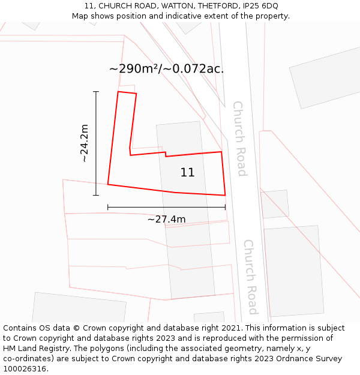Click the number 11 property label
pos(187,173)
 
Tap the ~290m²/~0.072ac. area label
pos(166,68)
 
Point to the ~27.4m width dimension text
pos(166,219)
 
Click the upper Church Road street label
pos(239,138)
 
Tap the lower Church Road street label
pos(250,277)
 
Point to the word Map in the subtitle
pos(80,16)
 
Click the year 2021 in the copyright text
pos(230,328)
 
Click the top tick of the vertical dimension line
pos(96,91)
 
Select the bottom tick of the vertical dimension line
pos(96,195)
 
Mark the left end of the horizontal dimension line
pos(108,207)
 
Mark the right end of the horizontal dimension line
pos(225,207)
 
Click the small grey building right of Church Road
pos(275,204)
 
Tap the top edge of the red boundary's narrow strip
pos(127,93)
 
